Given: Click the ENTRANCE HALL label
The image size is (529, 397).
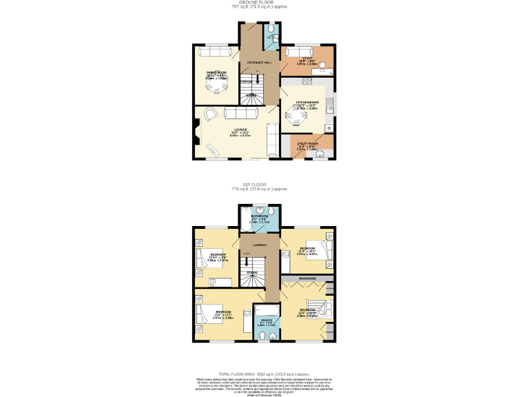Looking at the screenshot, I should pyautogui.click(x=259, y=62).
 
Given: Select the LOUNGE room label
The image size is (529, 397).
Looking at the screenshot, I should pyautogui.click(x=240, y=129).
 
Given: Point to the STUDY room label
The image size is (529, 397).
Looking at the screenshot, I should pyautogui.click(x=307, y=59).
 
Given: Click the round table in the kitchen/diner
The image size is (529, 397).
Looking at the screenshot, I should pyautogui.click(x=302, y=117).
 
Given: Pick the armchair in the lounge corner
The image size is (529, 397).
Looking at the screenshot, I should pyautogui.click(x=209, y=114).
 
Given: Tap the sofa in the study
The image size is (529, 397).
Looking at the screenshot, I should pyautogui.click(x=300, y=52).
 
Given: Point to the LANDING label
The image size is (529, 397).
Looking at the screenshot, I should pyautogui.click(x=260, y=245).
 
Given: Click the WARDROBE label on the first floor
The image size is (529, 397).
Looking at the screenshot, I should pyautogui.click(x=307, y=278).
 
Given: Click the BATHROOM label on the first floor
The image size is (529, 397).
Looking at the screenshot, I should pyautogui.click(x=259, y=216).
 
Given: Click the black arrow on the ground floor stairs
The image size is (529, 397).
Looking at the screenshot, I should pyautogui.click(x=258, y=78).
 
